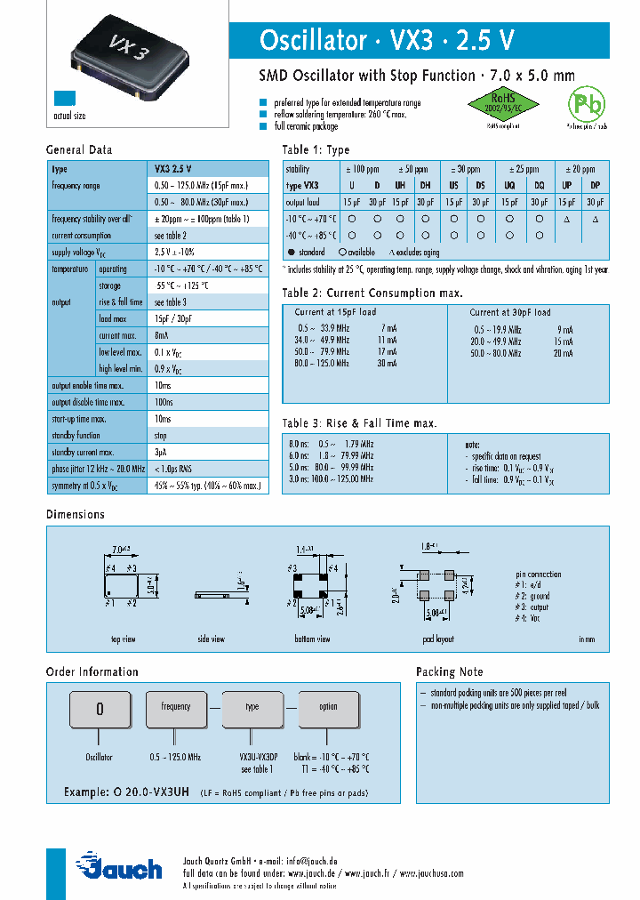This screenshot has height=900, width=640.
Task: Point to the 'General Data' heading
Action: (79, 149)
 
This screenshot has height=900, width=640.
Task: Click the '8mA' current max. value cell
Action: (163, 335)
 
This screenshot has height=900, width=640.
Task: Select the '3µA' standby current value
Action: (161, 452)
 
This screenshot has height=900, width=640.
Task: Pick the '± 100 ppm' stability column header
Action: (362, 169)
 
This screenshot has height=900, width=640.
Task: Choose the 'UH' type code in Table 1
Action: (399, 185)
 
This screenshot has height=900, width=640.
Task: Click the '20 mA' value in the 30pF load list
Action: (564, 353)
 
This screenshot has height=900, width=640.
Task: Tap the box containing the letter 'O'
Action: (100, 708)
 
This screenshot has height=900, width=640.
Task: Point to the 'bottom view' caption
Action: (312, 639)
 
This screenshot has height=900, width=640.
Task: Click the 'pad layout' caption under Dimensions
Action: (439, 639)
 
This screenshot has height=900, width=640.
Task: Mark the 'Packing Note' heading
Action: (450, 671)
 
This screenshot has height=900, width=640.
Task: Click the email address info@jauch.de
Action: (310, 862)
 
